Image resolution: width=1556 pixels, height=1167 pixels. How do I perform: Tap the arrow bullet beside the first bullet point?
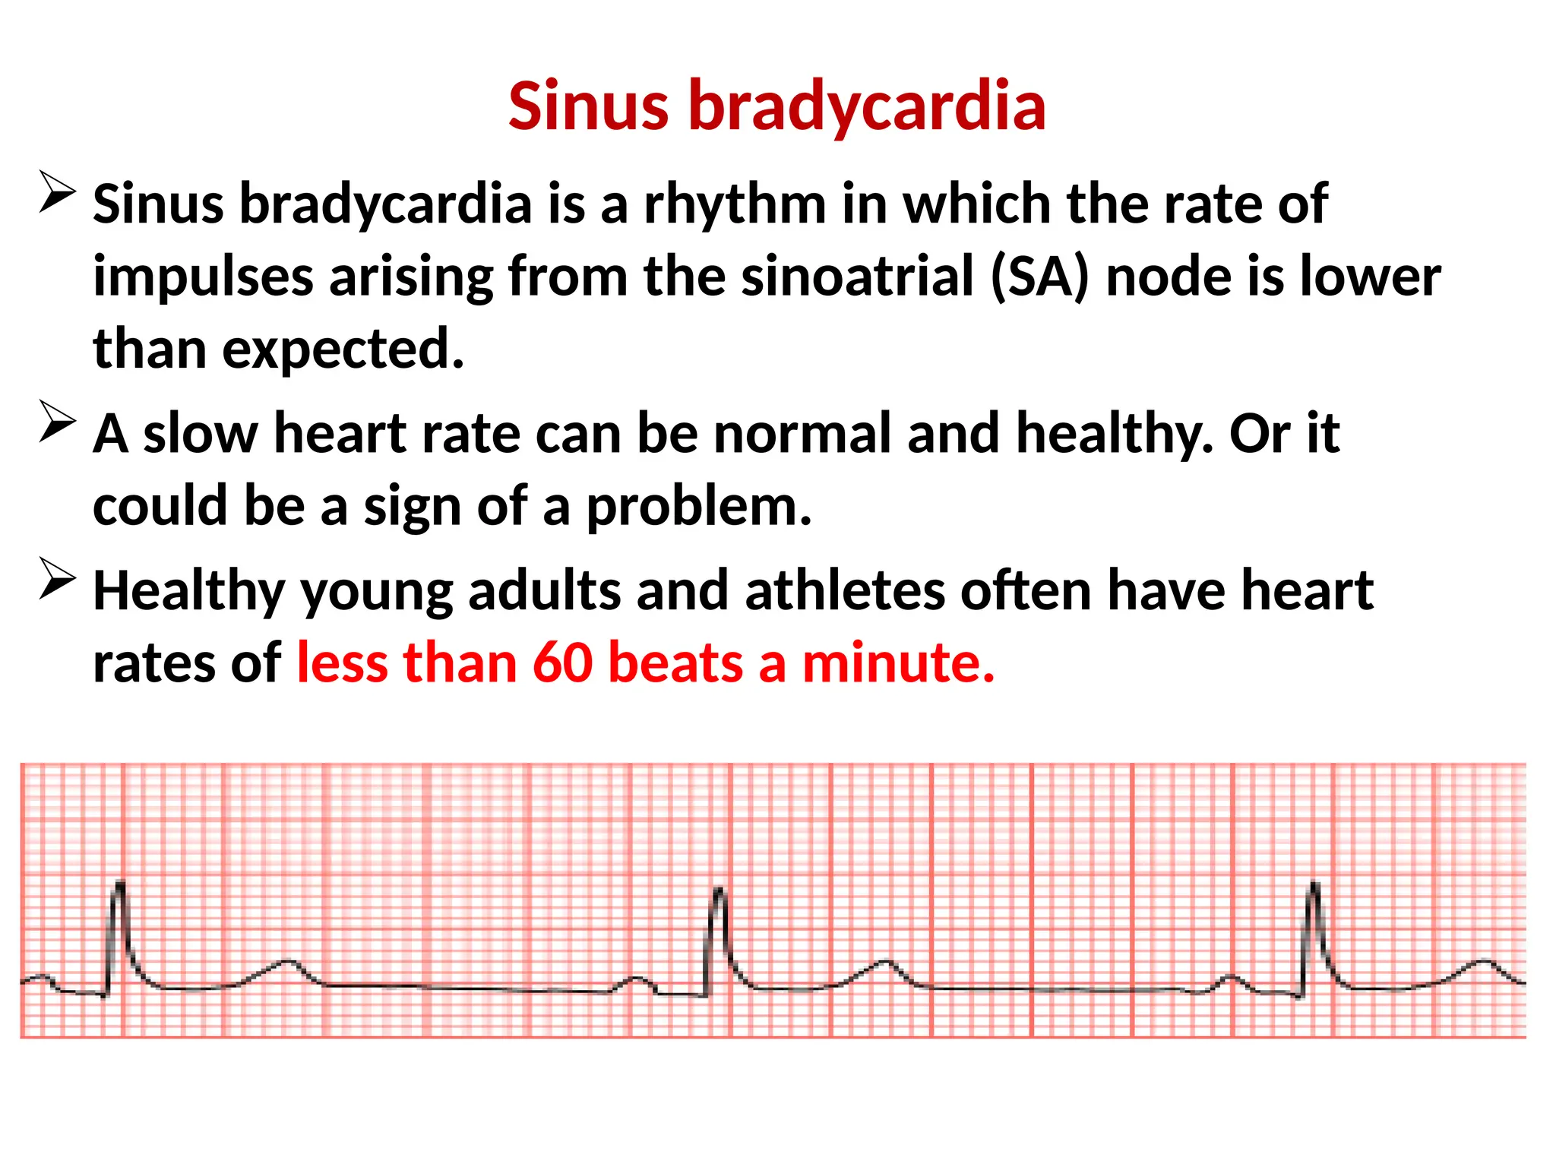(57, 192)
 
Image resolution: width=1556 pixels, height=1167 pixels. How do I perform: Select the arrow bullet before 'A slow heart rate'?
(57, 421)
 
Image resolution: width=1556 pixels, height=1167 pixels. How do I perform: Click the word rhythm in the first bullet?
(735, 205)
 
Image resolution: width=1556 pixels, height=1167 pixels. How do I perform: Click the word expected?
(343, 349)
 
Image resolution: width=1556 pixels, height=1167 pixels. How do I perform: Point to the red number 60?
(562, 663)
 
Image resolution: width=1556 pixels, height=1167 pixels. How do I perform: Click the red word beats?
(675, 663)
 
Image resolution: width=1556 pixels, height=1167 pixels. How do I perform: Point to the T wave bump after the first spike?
(286, 963)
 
